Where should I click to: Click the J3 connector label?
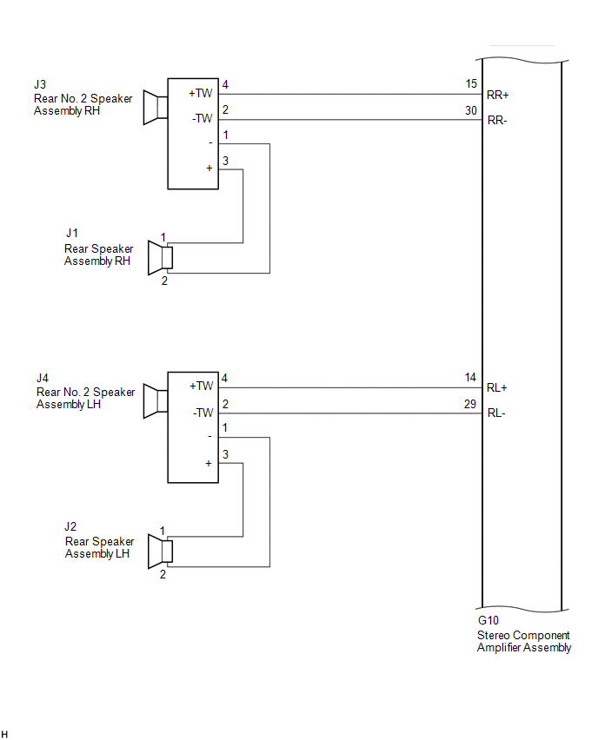pyautogui.click(x=40, y=84)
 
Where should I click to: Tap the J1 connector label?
pyautogui.click(x=72, y=233)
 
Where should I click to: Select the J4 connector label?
pyautogui.click(x=43, y=378)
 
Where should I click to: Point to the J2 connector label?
pyautogui.click(x=70, y=526)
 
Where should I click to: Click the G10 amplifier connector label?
pyautogui.click(x=488, y=621)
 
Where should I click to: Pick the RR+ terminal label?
pyautogui.click(x=498, y=95)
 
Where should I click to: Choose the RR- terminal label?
pyautogui.click(x=497, y=121)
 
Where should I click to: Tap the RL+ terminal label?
pyautogui.click(x=497, y=388)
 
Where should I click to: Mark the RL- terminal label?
pyautogui.click(x=496, y=413)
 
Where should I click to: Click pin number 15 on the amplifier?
pyautogui.click(x=471, y=84)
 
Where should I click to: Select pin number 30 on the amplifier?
pyautogui.click(x=471, y=110)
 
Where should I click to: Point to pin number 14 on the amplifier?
pyautogui.click(x=470, y=378)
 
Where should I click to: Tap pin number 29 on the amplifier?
pyautogui.click(x=470, y=404)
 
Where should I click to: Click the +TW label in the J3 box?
pyautogui.click(x=201, y=94)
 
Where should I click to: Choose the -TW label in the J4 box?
pyautogui.click(x=203, y=413)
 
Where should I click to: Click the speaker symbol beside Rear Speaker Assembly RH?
pyautogui.click(x=160, y=258)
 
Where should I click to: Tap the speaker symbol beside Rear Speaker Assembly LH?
pyautogui.click(x=160, y=552)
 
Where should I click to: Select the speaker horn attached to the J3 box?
pyautogui.click(x=156, y=108)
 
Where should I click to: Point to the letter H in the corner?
pyautogui.click(x=4, y=734)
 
